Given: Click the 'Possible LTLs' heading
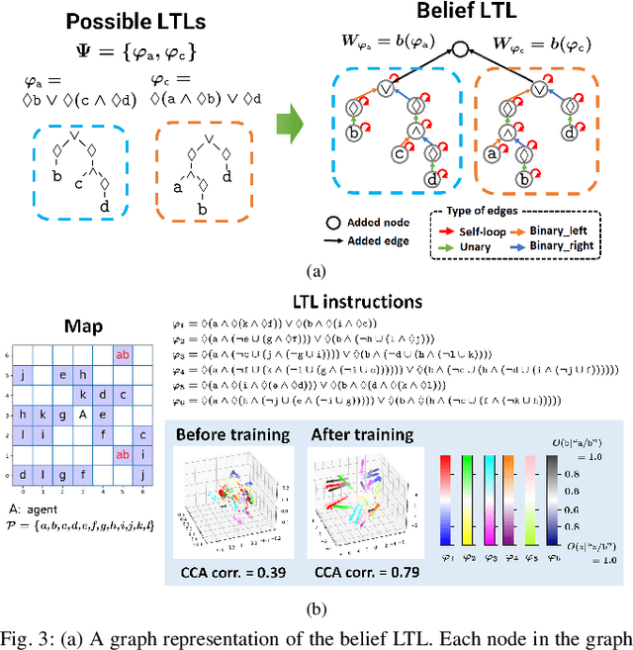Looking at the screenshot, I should click(x=101, y=21).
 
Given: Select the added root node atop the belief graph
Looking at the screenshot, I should click(x=458, y=46).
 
